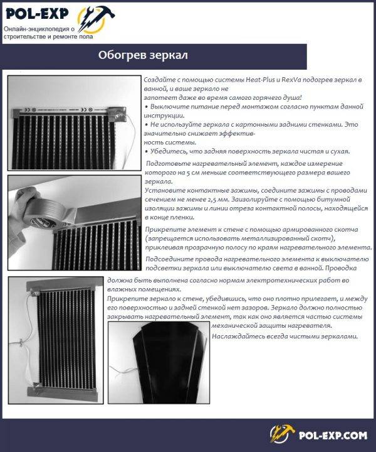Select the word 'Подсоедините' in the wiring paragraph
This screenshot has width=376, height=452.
tap(169, 259)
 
